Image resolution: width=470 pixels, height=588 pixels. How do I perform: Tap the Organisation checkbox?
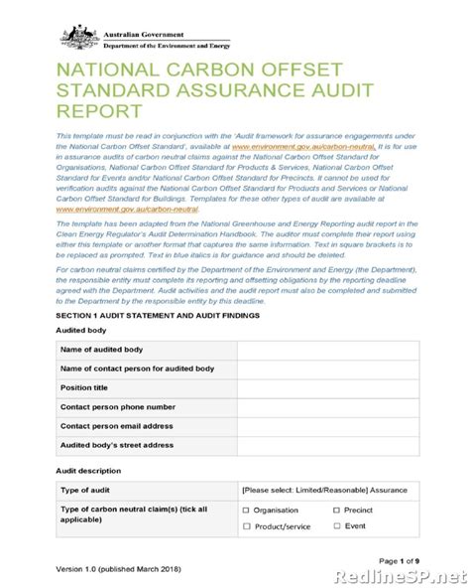tap(246, 510)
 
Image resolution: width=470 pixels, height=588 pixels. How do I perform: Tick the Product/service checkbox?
tap(246, 528)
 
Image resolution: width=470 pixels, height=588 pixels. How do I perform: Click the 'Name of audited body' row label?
tap(103, 351)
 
